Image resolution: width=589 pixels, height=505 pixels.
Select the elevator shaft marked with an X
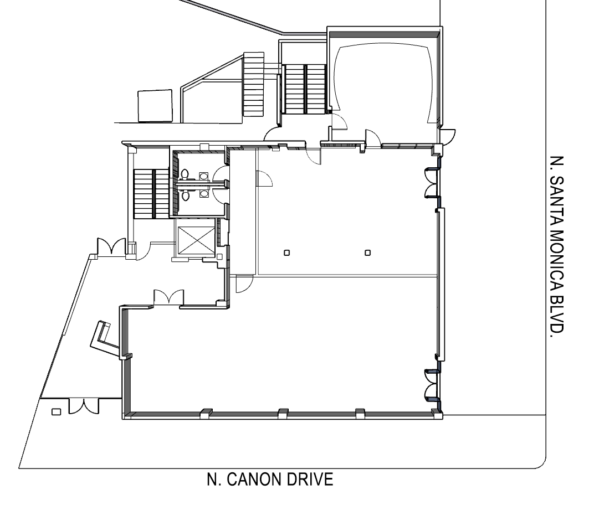pyautogui.click(x=196, y=241)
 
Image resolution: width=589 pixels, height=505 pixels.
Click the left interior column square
pyautogui.click(x=286, y=252)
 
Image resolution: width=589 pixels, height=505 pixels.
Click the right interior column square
pyautogui.click(x=368, y=252)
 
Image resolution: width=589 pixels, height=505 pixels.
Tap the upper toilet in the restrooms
pyautogui.click(x=185, y=174)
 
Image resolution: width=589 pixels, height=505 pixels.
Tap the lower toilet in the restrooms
pyautogui.click(x=185, y=194)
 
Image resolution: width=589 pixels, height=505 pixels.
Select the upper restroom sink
pyautogui.click(x=203, y=176)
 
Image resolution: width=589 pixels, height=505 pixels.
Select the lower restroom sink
pyautogui.click(x=203, y=193)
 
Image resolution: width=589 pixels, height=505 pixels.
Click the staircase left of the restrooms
pyautogui.click(x=151, y=194)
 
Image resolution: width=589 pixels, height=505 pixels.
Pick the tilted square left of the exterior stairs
pyautogui.click(x=155, y=106)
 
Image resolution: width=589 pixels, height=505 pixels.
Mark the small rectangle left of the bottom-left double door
pyautogui.click(x=56, y=412)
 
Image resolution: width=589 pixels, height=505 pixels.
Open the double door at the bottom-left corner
pyautogui.click(x=84, y=406)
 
